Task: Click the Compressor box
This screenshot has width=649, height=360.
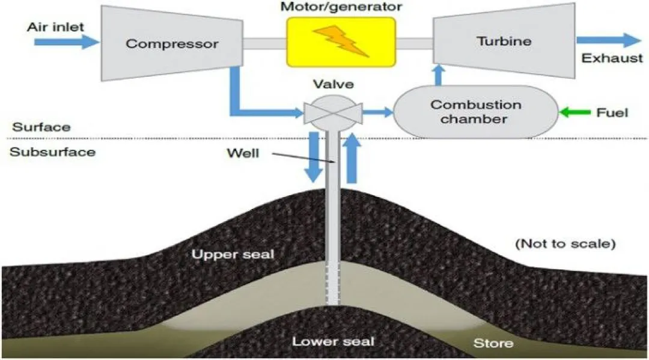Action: click(172, 43)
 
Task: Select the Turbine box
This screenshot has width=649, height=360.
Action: click(504, 41)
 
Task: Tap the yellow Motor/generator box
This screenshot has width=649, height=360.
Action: click(341, 42)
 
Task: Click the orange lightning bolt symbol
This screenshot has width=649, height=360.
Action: click(341, 41)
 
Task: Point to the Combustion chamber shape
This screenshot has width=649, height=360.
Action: click(475, 112)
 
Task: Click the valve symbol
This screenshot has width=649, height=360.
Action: click(333, 112)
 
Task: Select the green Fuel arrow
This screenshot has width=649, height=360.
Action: click(574, 112)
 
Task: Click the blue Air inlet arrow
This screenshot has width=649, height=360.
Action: click(67, 42)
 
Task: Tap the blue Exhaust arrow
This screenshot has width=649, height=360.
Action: click(609, 40)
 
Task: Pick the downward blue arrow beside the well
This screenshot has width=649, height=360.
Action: click(314, 157)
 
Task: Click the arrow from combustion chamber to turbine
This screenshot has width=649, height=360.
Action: click(439, 75)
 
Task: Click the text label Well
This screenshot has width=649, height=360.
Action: click(243, 153)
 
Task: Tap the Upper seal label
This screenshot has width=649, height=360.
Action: click(233, 254)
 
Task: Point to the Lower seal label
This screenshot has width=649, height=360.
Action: click(333, 341)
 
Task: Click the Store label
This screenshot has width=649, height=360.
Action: click(493, 343)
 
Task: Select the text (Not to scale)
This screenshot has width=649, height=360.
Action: click(565, 244)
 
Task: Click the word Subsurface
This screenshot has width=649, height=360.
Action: click(52, 152)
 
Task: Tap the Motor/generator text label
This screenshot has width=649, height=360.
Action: click(341, 7)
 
